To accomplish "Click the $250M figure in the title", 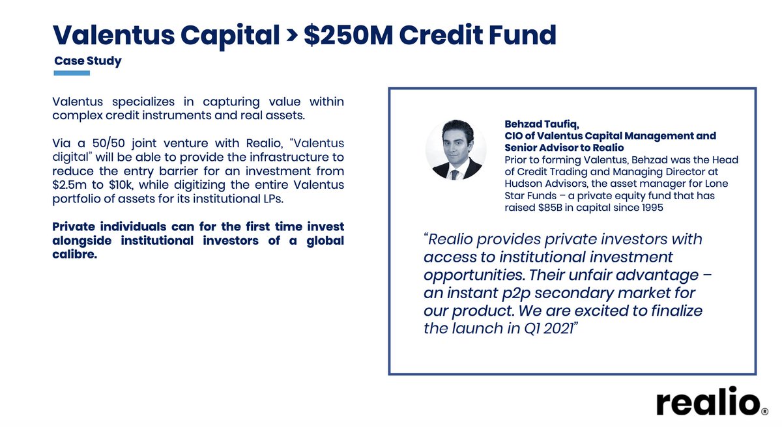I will (346, 35).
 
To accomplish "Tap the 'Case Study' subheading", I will (88, 61).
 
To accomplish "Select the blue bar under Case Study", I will (72, 73).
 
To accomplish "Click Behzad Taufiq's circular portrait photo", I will (456, 150).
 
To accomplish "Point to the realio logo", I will (708, 403).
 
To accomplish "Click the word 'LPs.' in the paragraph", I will (270, 199).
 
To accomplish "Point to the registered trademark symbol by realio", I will (765, 411).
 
